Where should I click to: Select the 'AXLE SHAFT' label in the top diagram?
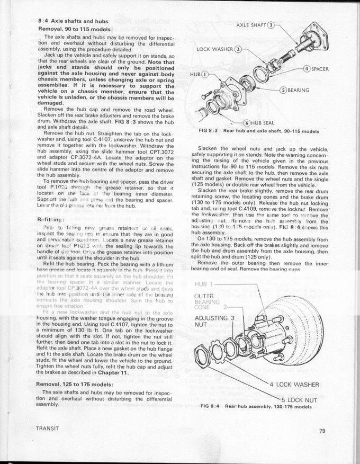(250, 25)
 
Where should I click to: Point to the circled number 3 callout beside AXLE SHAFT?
(272, 25)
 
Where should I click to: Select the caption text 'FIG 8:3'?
(210, 131)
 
